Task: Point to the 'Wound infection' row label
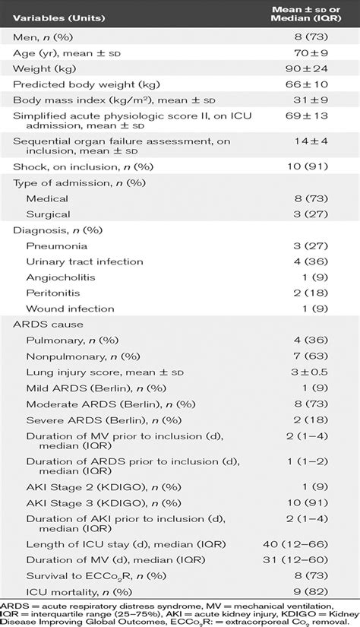[68, 309]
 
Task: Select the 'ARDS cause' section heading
[45, 325]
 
